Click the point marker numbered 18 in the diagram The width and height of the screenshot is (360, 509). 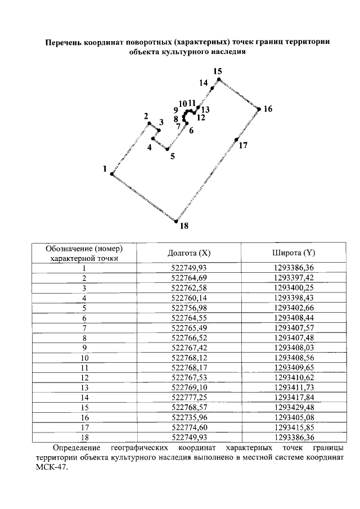coord(176,221)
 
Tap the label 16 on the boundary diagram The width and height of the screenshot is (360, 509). coord(268,109)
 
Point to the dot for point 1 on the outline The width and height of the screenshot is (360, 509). coord(112,174)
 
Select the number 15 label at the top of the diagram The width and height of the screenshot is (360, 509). coord(218,71)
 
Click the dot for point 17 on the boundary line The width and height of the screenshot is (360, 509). coord(237,139)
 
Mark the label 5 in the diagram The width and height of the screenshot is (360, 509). coord(172,156)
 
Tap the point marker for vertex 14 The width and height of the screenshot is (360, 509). coord(212,89)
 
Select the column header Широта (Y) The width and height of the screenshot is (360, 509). coord(294,253)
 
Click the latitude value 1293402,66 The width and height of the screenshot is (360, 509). coord(294,308)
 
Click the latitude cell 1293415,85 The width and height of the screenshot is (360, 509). coord(294,426)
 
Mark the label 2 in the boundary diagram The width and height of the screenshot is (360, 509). coord(146,116)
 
